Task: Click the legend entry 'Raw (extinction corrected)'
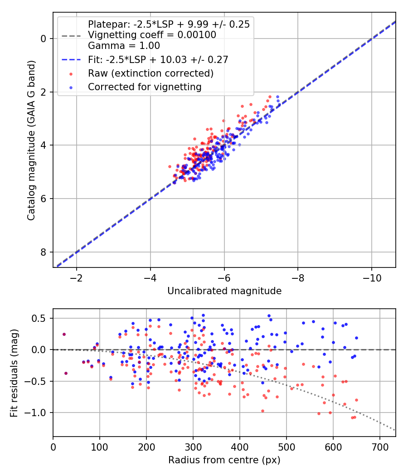pos(151,73)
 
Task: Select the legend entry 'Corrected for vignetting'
pos(145,87)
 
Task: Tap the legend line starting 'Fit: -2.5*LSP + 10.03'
pos(158,59)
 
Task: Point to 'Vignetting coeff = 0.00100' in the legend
pos(152,35)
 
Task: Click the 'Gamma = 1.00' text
pos(124,45)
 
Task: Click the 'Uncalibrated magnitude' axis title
pos(224,291)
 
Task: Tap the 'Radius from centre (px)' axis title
pos(224,460)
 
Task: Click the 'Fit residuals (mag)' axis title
pos(15,373)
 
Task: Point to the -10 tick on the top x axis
pos(371,277)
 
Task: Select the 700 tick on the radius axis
pos(379,446)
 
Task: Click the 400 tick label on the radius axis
pos(239,446)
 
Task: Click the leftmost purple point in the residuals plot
pos(64,334)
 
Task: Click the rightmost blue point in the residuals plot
pos(356,338)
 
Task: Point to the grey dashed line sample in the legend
pos(72,35)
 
